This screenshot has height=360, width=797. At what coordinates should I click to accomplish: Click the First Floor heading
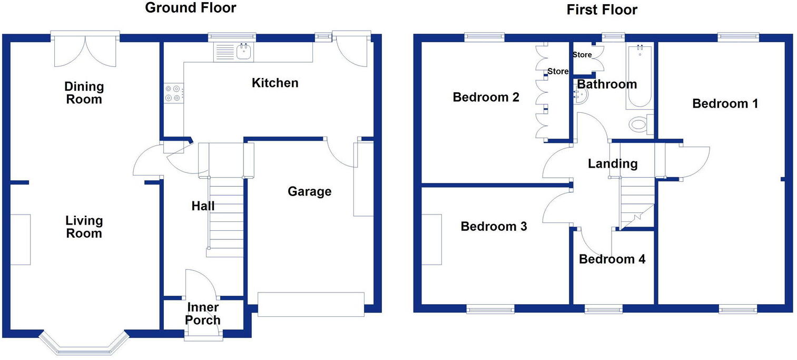(602, 9)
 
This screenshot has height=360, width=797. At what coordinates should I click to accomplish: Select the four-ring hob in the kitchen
(173, 93)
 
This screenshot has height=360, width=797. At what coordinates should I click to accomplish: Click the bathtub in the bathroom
(639, 77)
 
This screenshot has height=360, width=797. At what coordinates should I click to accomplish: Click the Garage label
(310, 191)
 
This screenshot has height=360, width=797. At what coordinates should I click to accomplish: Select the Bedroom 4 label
(612, 259)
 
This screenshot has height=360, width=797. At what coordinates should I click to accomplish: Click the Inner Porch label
(203, 314)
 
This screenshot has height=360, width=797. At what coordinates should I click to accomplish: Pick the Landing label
(613, 164)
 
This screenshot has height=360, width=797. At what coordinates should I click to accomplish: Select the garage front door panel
(311, 305)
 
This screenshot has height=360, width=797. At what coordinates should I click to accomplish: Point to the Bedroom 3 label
(494, 227)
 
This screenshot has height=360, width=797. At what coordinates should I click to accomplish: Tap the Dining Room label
(84, 93)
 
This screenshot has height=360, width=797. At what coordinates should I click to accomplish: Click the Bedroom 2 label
(486, 98)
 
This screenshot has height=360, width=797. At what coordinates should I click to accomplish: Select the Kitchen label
(274, 83)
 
